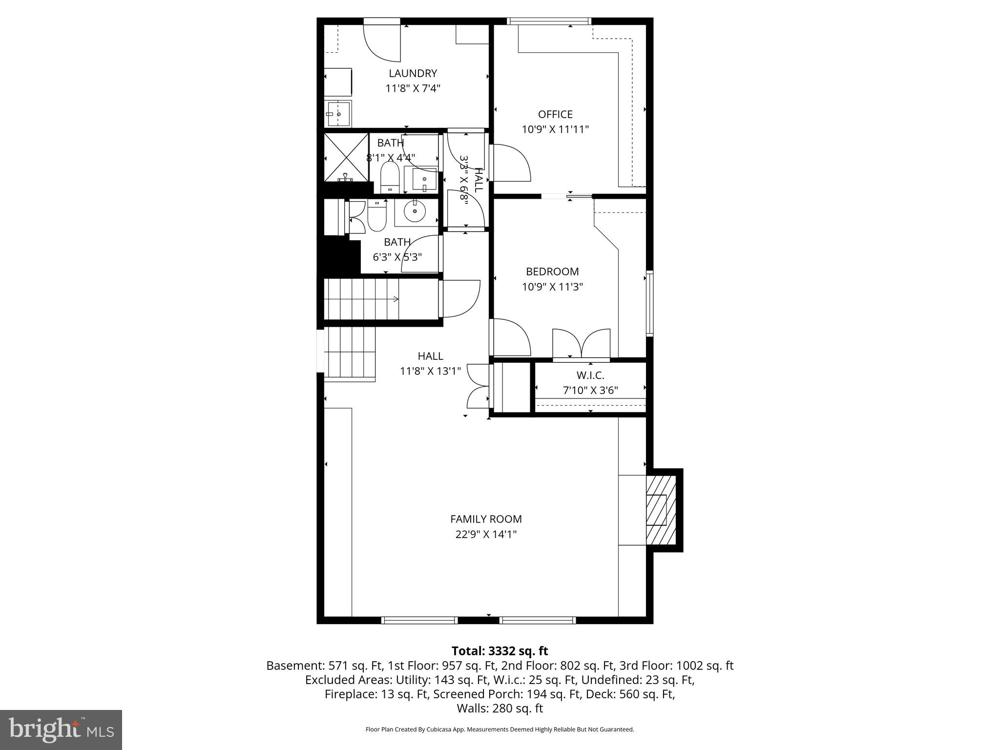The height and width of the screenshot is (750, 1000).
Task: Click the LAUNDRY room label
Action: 413,73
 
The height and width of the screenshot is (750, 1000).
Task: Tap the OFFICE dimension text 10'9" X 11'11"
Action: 555,129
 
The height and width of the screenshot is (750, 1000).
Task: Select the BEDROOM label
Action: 552,271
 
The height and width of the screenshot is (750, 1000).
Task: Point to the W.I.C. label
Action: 590,375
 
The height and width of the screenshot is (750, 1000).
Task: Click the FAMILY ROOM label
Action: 486,519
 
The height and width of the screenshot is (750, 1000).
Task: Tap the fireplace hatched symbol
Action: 661,510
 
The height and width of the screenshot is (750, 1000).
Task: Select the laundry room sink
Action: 337,114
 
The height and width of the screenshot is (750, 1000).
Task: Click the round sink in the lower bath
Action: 415,211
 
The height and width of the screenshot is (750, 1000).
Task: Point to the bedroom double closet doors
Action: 581,344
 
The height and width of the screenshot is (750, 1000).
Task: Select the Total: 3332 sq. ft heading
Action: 500,651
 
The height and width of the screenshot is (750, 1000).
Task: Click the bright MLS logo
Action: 61,730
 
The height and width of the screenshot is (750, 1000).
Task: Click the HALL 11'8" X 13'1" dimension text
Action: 430,371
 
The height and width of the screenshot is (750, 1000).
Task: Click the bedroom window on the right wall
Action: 649,303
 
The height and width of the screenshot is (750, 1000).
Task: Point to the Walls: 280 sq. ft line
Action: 500,708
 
